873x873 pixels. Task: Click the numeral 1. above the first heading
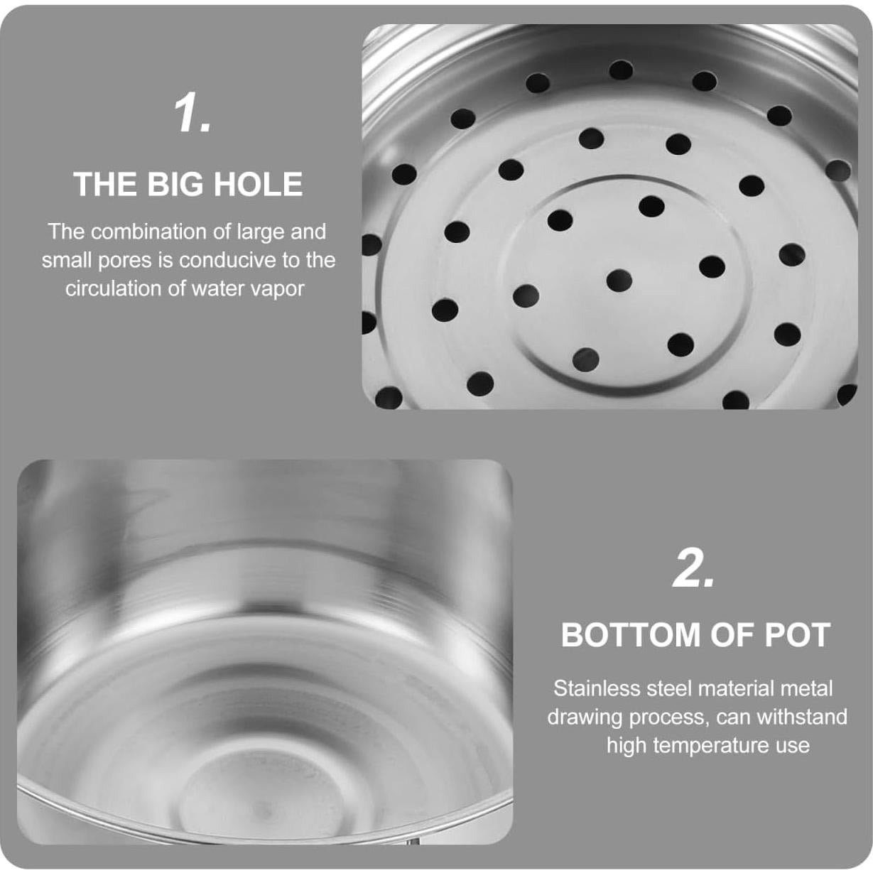pos(193,114)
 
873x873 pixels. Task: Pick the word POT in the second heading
pos(797,635)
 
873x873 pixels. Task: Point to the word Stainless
pos(597,688)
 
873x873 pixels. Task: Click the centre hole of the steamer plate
pos(619,280)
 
